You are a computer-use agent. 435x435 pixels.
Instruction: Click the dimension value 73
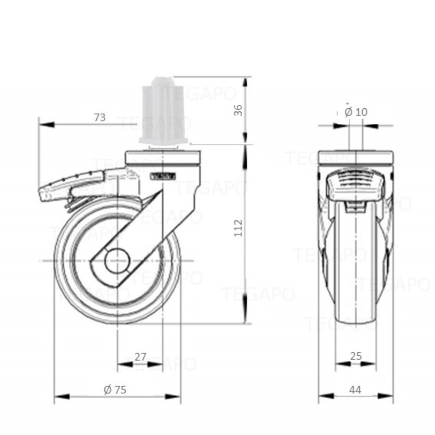pos(100,117)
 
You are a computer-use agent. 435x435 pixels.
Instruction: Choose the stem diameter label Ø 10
pos(356,112)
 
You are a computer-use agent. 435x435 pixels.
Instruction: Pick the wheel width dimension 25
pos(356,357)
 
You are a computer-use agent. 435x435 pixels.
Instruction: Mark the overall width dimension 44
pos(356,390)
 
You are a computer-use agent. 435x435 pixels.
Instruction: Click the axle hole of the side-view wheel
pos(117,261)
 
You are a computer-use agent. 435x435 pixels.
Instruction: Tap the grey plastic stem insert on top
pos(163,111)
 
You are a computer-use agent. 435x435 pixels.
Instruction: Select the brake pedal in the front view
pos(356,186)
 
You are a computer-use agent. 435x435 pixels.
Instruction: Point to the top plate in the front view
pos(356,158)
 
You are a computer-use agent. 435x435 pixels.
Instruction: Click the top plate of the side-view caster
pos(162,158)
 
